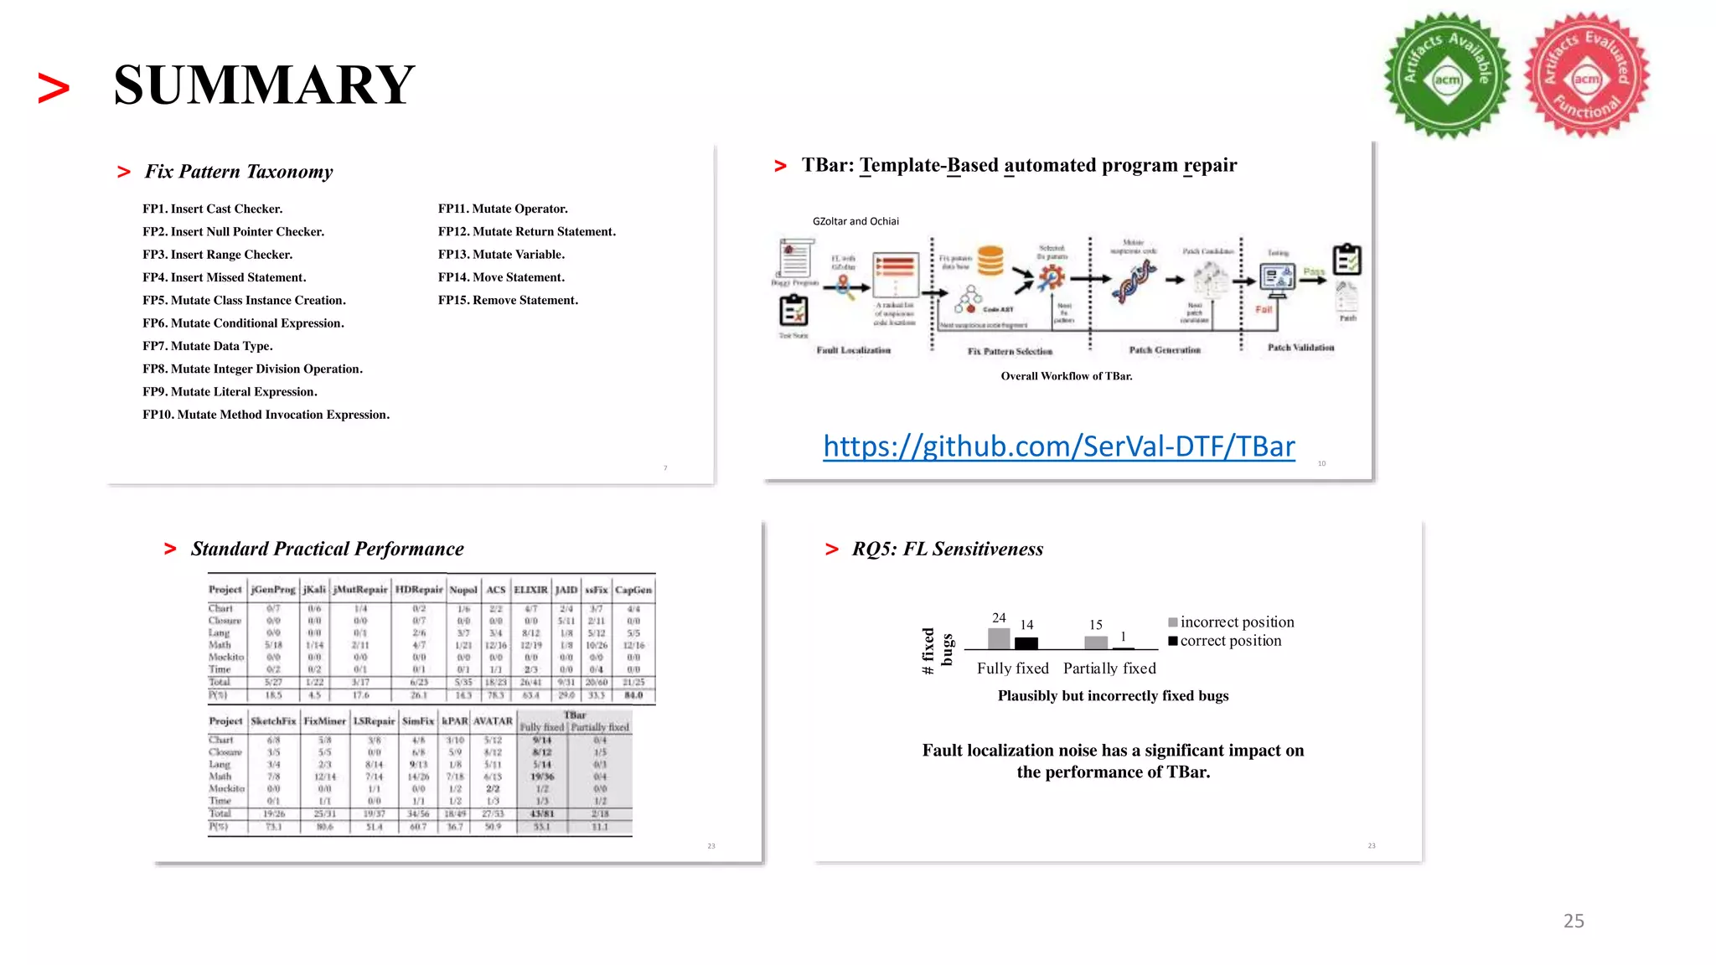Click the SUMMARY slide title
(x=264, y=85)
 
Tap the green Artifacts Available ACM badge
(x=1447, y=76)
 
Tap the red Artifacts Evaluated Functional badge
(x=1586, y=76)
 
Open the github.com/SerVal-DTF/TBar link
(x=1058, y=446)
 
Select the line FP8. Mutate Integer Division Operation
(x=252, y=369)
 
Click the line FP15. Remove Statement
(x=508, y=300)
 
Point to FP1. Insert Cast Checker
(x=212, y=209)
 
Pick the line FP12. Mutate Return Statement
(x=526, y=231)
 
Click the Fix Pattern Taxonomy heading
(x=239, y=172)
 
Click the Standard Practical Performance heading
(x=327, y=549)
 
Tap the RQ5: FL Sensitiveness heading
(x=947, y=549)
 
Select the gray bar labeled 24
(x=999, y=638)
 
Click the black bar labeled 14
(x=1026, y=643)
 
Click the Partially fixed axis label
(x=1109, y=668)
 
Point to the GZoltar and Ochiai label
(x=855, y=221)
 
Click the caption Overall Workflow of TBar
(x=1066, y=376)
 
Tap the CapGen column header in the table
(x=633, y=590)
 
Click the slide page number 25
(x=1574, y=921)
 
